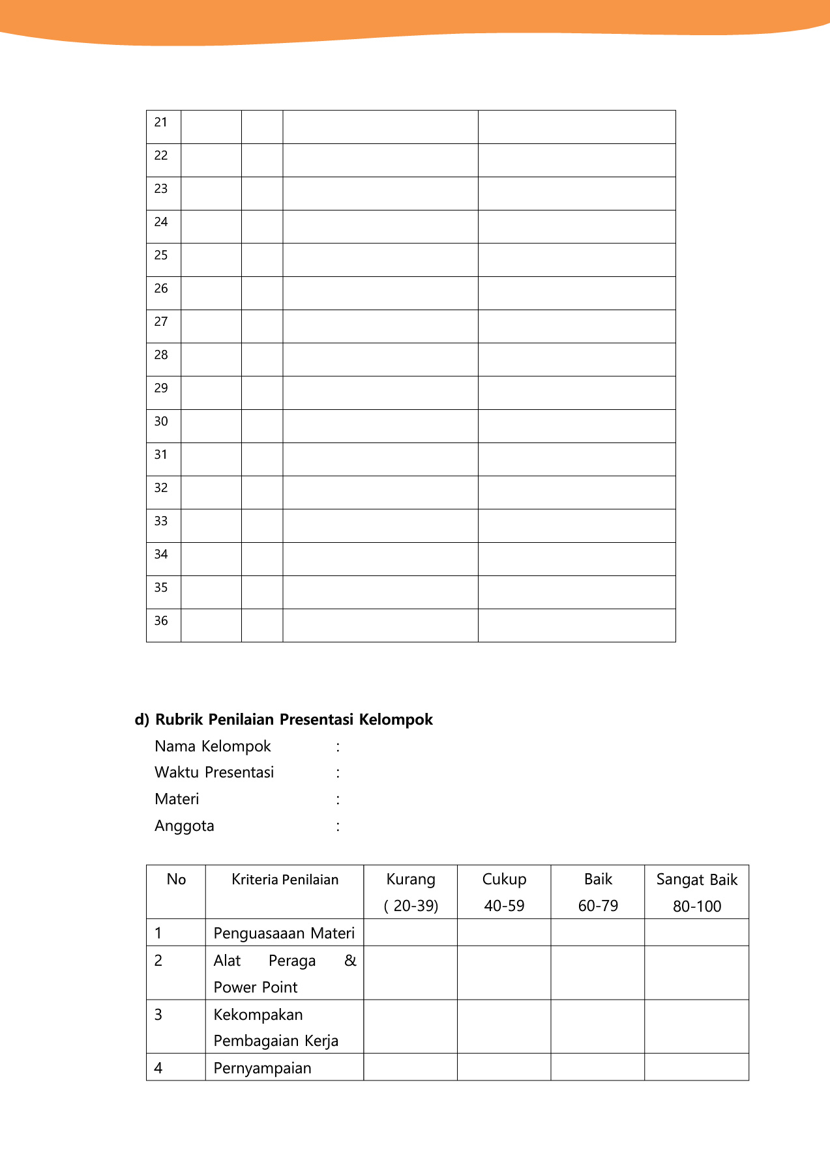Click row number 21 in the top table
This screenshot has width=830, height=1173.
161,123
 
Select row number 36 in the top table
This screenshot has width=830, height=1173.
161,621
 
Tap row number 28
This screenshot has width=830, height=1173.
161,355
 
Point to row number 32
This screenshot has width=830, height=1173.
161,488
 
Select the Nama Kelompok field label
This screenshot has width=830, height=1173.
213,746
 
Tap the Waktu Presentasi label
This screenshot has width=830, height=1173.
214,772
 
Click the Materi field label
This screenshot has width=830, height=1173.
177,799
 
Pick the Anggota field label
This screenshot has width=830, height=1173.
185,826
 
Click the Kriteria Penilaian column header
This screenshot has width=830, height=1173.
285,880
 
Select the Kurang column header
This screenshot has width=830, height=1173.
411,879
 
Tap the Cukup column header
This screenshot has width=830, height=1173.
504,879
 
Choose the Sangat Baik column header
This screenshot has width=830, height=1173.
696,880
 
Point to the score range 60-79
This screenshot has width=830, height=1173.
598,906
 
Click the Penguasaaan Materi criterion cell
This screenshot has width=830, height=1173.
284,933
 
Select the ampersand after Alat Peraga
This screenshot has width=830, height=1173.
350,961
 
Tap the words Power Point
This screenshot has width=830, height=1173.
256,987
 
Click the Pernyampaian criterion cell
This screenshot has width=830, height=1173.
263,1068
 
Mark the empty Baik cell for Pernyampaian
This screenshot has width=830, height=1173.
598,1067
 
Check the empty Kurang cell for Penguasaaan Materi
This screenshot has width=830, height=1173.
411,933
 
